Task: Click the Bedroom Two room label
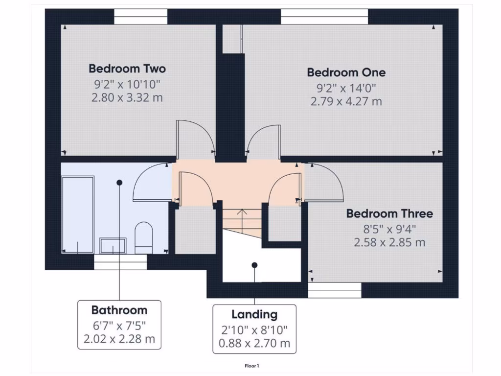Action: [x=127, y=69]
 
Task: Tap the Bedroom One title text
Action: [x=346, y=72]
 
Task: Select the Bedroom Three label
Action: [x=389, y=213]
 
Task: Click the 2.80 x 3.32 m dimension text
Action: [x=127, y=97]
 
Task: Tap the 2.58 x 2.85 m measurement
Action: [x=389, y=242]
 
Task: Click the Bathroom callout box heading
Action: [x=119, y=310]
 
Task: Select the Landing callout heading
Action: [x=254, y=314]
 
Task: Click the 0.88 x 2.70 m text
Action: [x=254, y=343]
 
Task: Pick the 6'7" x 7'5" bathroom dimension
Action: [x=119, y=325]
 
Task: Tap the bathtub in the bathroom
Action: [x=78, y=214]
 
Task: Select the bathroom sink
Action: [x=113, y=245]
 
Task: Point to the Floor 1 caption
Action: [x=251, y=366]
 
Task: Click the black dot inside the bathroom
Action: [x=119, y=182]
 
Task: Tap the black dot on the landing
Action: [x=254, y=265]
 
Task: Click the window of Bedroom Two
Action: [x=140, y=17]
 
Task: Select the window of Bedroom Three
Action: [x=335, y=290]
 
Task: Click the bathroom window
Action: [x=120, y=264]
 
